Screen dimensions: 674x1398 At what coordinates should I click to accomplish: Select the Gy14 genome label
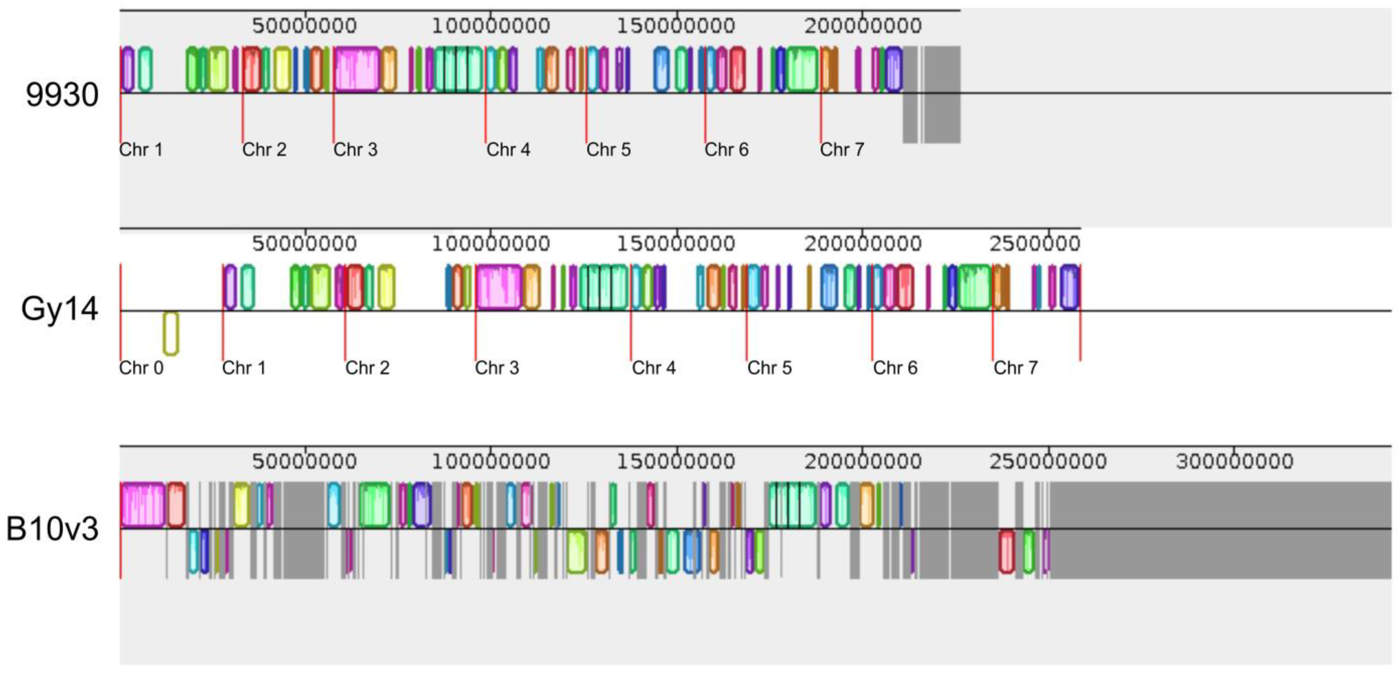60,309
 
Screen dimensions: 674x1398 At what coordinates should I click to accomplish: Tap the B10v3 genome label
53,529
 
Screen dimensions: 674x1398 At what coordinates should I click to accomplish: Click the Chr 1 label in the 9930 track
141,150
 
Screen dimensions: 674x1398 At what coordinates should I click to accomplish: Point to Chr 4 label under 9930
508,150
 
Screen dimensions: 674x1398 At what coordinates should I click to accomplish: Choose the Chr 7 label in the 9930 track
842,150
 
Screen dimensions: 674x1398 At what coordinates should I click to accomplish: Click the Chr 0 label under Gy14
141,368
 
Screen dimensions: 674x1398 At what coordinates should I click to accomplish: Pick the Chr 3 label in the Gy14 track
496,368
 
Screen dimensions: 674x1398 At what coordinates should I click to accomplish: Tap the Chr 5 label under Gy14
769,368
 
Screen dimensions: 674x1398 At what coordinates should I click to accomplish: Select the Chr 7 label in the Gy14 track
1015,368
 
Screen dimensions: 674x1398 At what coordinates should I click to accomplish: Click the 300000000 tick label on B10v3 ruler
1235,462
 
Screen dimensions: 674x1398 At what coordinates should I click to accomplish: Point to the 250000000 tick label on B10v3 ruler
1048,462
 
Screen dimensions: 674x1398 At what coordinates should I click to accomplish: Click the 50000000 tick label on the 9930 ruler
305,25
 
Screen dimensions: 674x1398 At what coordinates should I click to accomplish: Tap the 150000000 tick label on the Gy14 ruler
676,243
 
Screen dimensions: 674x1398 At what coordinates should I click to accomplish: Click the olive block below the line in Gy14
171,333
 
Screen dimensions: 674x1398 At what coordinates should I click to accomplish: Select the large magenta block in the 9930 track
357,69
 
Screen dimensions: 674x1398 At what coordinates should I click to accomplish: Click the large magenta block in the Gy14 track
499,287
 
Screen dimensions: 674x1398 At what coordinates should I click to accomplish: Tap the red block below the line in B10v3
1007,551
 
